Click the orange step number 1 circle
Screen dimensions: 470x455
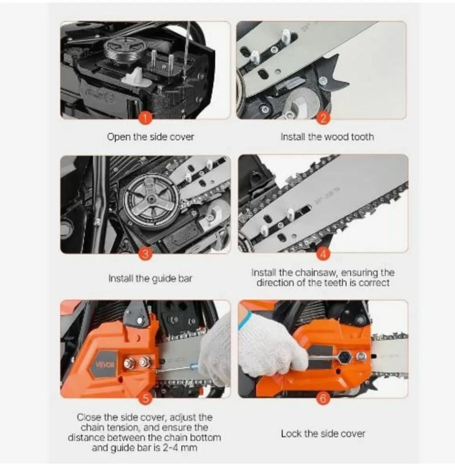coord(146,118)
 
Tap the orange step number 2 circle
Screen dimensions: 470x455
coord(323,118)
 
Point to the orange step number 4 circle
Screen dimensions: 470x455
coord(323,254)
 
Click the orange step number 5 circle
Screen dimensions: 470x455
coord(146,398)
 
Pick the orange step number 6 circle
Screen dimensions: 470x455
coord(323,398)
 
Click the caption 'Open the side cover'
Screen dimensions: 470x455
coord(150,137)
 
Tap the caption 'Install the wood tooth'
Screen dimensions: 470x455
coord(327,137)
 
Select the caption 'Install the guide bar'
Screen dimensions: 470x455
coord(150,278)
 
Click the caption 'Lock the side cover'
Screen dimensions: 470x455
coord(323,434)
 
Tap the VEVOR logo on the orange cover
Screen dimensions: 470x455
coord(106,365)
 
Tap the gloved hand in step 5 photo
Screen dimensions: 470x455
coord(214,354)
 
